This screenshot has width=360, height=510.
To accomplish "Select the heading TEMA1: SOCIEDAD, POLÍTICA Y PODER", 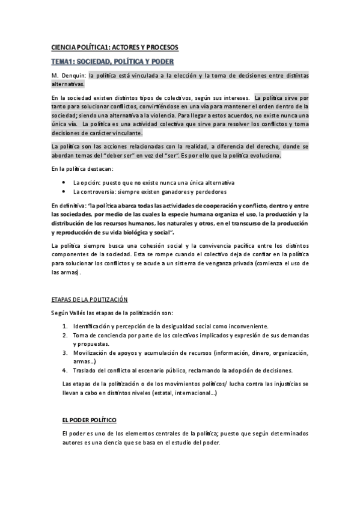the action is (x=112, y=61).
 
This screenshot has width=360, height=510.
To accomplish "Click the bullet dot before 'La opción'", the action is (x=64, y=182).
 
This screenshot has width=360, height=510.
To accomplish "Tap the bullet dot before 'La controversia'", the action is (x=64, y=192).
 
